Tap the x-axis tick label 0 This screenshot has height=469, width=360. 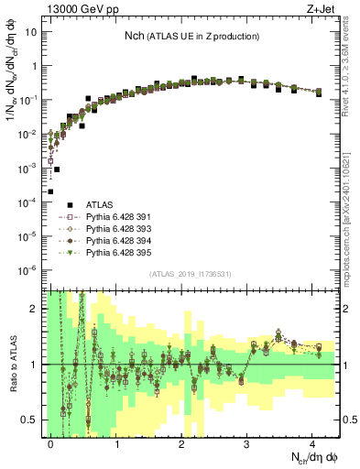point(51,442)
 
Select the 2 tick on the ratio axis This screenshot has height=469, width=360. point(35,309)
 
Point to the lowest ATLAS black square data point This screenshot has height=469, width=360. point(50,191)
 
